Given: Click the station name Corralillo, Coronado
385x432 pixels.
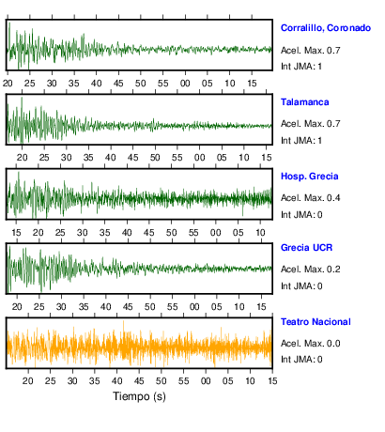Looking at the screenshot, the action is [326, 28].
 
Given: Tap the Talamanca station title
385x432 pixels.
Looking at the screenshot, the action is [304, 102].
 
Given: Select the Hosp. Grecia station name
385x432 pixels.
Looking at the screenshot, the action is [309, 177].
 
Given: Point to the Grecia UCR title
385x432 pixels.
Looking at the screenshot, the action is [306, 248].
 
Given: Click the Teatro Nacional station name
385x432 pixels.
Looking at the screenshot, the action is [316, 322].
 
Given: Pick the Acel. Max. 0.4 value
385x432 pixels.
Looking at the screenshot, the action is [310, 198].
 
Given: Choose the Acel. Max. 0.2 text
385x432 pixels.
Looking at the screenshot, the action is [310, 270].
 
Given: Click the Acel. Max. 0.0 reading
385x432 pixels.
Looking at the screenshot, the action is [310, 344].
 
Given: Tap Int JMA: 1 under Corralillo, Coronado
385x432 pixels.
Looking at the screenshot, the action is [301, 67].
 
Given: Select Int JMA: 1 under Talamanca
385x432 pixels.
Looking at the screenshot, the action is [301, 141].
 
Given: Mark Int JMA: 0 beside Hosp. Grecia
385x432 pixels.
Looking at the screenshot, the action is [301, 215].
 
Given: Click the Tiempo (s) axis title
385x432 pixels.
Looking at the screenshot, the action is [139, 396].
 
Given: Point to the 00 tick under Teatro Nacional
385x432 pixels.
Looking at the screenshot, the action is [206, 381].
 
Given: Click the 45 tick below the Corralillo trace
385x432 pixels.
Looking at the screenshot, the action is [118, 84].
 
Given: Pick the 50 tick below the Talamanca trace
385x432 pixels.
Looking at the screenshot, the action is [155, 158].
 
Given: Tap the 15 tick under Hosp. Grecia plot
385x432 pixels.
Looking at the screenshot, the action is [16, 233].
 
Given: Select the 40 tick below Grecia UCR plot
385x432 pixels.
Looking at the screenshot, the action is [105, 307].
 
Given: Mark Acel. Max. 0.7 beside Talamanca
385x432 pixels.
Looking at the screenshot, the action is [310, 124].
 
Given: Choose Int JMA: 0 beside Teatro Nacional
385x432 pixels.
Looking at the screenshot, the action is [301, 359].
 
